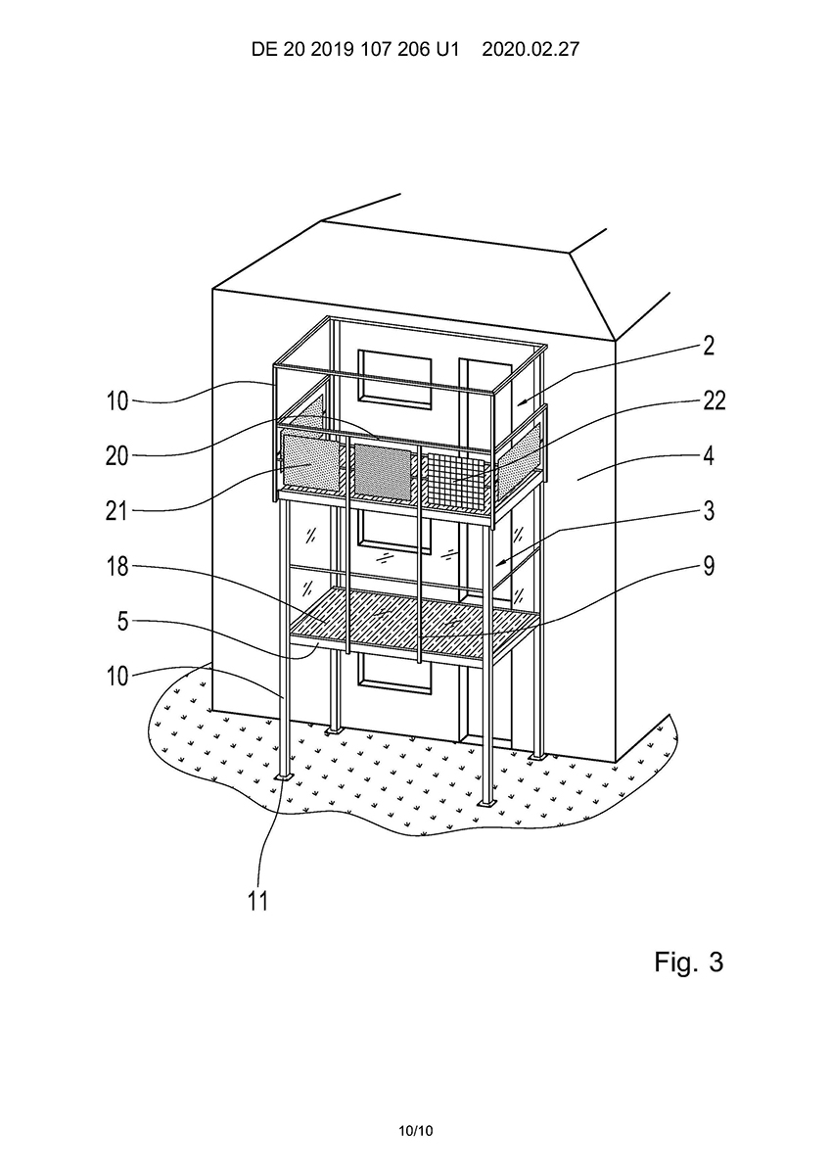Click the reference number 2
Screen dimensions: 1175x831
tap(709, 346)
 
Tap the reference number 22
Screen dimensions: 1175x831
tap(714, 400)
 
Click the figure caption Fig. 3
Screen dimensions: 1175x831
tap(688, 962)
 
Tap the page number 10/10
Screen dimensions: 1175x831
tap(415, 1131)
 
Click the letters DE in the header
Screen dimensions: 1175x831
tap(264, 50)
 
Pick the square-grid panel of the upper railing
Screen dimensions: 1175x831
tap(456, 480)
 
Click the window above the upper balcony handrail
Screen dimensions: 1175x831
tap(395, 377)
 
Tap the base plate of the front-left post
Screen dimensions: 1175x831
tap(283, 777)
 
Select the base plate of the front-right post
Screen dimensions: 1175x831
tap(486, 805)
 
